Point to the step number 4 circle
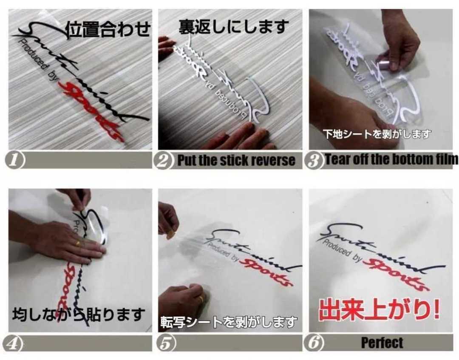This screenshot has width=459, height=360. (16, 343)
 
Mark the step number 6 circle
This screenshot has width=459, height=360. (314, 343)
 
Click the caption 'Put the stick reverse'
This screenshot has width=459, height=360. (236, 161)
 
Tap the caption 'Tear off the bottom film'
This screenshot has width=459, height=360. (391, 159)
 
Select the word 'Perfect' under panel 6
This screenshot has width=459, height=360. (382, 343)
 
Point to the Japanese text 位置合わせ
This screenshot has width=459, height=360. (108, 30)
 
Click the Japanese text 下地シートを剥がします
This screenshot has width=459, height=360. (377, 134)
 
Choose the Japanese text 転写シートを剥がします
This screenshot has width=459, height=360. (229, 322)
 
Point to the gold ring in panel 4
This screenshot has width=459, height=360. (78, 244)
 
